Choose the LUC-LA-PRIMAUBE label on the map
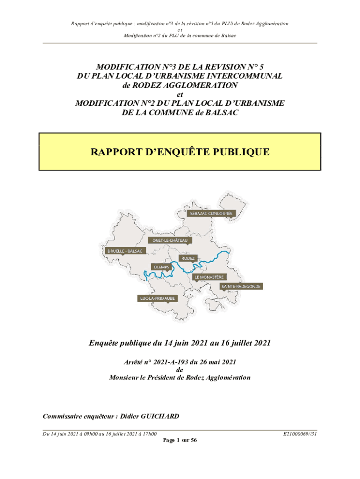pos(157,298)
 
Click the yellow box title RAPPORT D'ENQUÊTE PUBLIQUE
pos(180,152)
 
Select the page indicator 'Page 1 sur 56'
pos(180,441)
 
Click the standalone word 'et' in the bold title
pos(180,94)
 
